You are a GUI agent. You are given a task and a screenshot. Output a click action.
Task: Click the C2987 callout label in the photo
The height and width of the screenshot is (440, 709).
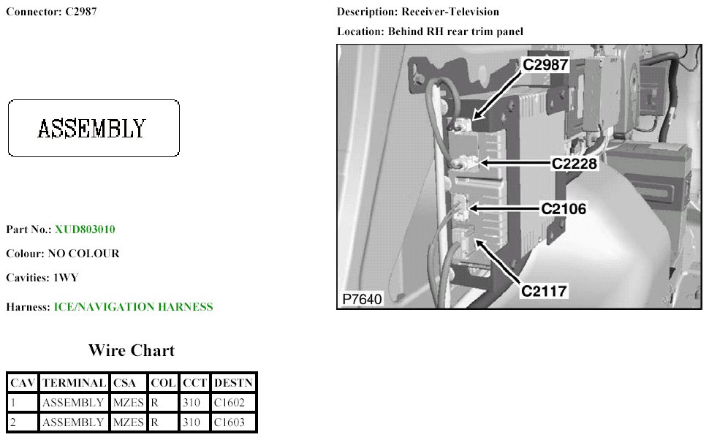545,64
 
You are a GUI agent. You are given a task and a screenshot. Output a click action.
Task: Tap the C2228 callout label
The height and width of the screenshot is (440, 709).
575,164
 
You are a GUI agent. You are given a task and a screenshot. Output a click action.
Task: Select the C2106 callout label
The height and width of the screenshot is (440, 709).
564,208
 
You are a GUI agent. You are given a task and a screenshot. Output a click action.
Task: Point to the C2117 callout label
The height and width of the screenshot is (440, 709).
544,291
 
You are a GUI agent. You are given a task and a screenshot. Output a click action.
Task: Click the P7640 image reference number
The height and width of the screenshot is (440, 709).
363,300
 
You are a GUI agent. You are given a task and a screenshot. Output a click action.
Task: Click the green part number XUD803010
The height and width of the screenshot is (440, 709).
85,230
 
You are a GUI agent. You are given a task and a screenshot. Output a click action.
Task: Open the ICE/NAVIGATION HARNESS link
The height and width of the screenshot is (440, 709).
133,307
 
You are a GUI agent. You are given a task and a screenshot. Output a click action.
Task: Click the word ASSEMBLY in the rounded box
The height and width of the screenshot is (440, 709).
92,129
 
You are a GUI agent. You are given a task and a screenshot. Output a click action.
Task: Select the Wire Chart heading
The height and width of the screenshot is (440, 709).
132,350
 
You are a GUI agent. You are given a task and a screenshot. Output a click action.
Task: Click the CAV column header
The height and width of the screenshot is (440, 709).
23,382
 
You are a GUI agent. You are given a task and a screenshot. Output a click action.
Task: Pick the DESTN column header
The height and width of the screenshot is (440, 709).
233,382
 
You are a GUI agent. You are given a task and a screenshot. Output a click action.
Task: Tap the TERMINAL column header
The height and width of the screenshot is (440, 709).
73,382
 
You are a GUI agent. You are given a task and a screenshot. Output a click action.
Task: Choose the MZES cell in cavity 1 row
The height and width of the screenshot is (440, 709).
128,402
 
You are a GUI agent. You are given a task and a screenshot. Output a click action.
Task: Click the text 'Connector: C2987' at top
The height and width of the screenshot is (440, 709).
51,12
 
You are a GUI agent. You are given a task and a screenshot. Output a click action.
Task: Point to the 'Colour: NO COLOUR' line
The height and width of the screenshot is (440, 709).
63,254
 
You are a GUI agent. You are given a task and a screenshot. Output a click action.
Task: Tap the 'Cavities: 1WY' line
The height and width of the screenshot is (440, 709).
42,278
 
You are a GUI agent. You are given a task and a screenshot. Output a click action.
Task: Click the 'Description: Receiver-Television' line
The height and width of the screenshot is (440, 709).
418,12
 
